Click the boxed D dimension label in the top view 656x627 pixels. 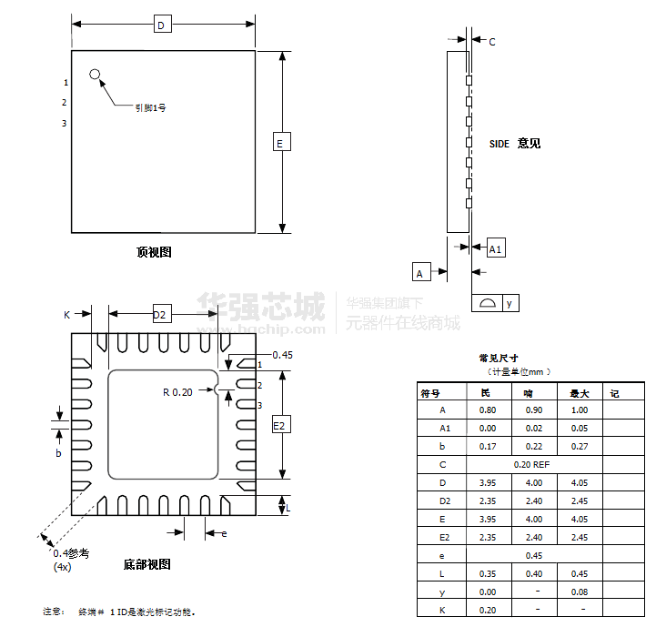161,25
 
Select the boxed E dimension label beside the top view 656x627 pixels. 280,142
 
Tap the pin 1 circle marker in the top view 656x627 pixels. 95,74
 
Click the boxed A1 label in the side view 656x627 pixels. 496,248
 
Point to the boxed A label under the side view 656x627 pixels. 420,272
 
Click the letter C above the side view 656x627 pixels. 492,42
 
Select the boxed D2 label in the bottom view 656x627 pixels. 160,315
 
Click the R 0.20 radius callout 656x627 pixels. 177,392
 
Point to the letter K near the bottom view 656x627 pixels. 66,315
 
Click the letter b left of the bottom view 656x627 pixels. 58,453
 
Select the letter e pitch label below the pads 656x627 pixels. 224,533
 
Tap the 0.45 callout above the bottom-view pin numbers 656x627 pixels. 282,355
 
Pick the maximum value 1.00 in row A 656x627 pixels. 579,410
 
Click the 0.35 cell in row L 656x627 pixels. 488,573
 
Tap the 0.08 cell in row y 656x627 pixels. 579,592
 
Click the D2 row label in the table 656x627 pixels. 444,501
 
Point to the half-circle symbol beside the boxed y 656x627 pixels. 487,304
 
